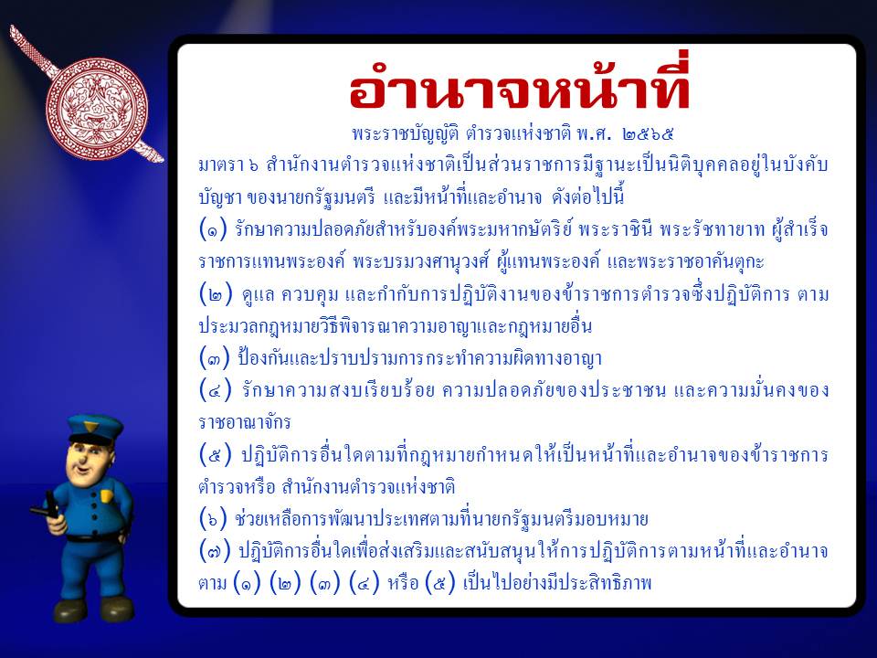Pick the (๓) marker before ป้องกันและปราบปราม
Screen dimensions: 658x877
(215, 357)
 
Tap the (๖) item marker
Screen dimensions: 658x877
(215, 520)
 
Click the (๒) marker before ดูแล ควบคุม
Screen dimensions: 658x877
(215, 293)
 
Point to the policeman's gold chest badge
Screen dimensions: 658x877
(107, 496)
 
